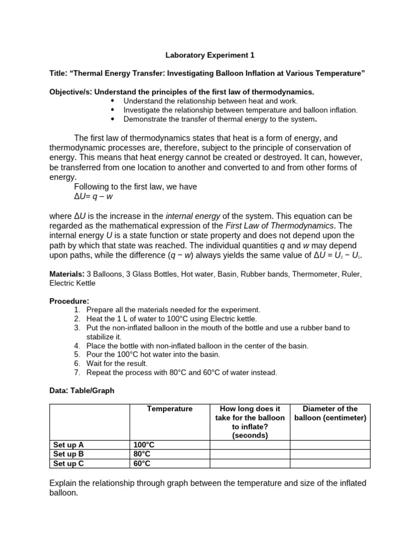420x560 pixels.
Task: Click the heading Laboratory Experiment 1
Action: coord(210,55)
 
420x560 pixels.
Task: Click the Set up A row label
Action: coord(68,445)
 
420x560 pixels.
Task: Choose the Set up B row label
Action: coord(68,454)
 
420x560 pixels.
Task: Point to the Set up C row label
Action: coord(68,463)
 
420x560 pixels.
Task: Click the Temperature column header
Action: coord(170,409)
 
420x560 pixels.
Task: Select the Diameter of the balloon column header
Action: coord(330,413)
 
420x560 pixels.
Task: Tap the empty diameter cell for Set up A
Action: coord(330,445)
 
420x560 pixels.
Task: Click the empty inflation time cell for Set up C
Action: coord(249,463)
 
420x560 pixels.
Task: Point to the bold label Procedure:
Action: coord(69,301)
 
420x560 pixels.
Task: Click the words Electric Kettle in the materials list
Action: coord(72,283)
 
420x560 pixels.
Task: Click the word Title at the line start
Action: coord(57,74)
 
